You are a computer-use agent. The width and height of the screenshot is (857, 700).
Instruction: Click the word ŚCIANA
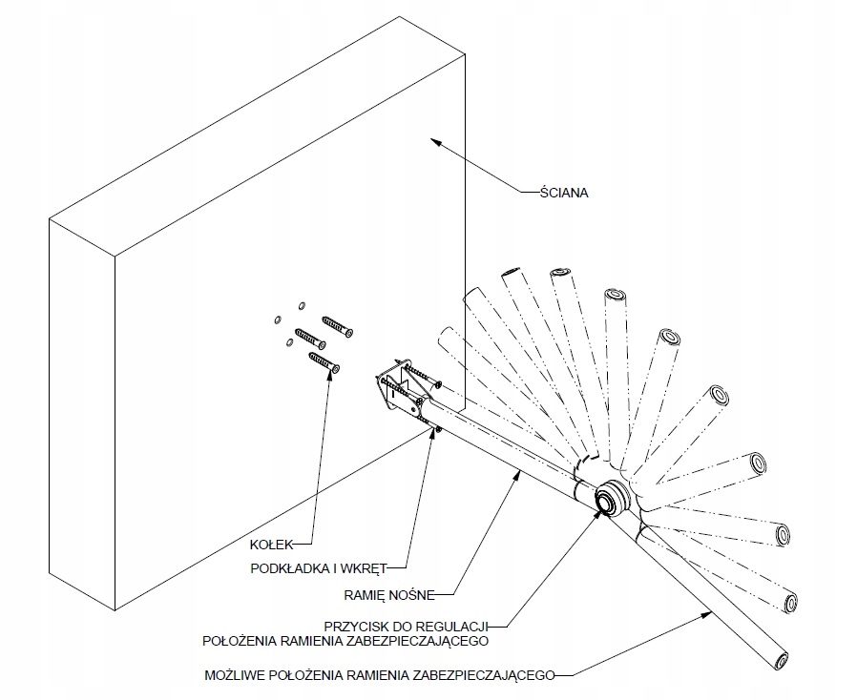564,192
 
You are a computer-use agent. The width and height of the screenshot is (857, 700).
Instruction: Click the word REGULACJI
465,625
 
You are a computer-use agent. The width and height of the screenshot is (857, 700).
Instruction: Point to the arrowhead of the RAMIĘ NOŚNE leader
519,471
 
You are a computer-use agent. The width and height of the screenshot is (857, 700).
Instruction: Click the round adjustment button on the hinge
606,499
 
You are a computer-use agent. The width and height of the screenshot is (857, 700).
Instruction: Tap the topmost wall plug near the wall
338,325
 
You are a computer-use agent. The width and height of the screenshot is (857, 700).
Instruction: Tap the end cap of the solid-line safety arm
782,660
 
